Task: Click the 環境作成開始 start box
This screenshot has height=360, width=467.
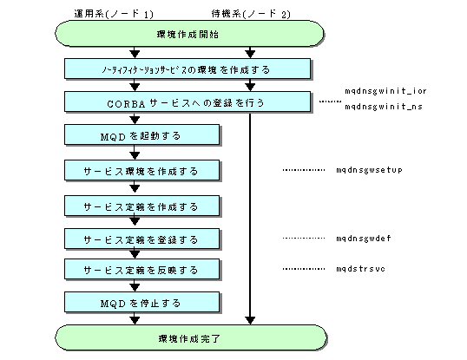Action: [x=189, y=33]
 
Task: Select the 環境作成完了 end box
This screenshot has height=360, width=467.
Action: [x=191, y=337]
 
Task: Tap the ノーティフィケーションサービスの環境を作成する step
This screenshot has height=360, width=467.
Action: [x=187, y=69]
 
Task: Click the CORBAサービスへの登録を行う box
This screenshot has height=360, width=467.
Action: [x=187, y=102]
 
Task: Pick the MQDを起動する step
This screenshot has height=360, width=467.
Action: [x=142, y=135]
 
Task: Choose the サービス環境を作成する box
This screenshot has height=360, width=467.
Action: [x=142, y=171]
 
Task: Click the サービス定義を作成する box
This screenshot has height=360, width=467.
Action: [x=142, y=206]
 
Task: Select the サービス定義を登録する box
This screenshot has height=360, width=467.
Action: [x=142, y=239]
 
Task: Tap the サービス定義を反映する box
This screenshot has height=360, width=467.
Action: [x=142, y=270]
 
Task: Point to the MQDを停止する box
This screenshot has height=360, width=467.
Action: [x=142, y=303]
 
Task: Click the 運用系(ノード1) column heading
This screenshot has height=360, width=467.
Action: [x=114, y=14]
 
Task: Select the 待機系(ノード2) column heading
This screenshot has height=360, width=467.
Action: [x=251, y=14]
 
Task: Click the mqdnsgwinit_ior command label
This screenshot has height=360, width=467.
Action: [x=385, y=91]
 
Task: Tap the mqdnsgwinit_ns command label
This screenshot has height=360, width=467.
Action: [x=384, y=106]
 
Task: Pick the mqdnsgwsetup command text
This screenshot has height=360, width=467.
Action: [x=369, y=170]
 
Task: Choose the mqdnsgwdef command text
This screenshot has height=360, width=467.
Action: [x=364, y=238]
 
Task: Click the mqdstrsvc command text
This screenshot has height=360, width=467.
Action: [x=361, y=269]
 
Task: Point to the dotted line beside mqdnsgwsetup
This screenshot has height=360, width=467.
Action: [x=304, y=170]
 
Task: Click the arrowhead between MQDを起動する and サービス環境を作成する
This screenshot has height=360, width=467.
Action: [x=135, y=155]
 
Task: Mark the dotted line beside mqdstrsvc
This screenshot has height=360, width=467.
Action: [x=304, y=269]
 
